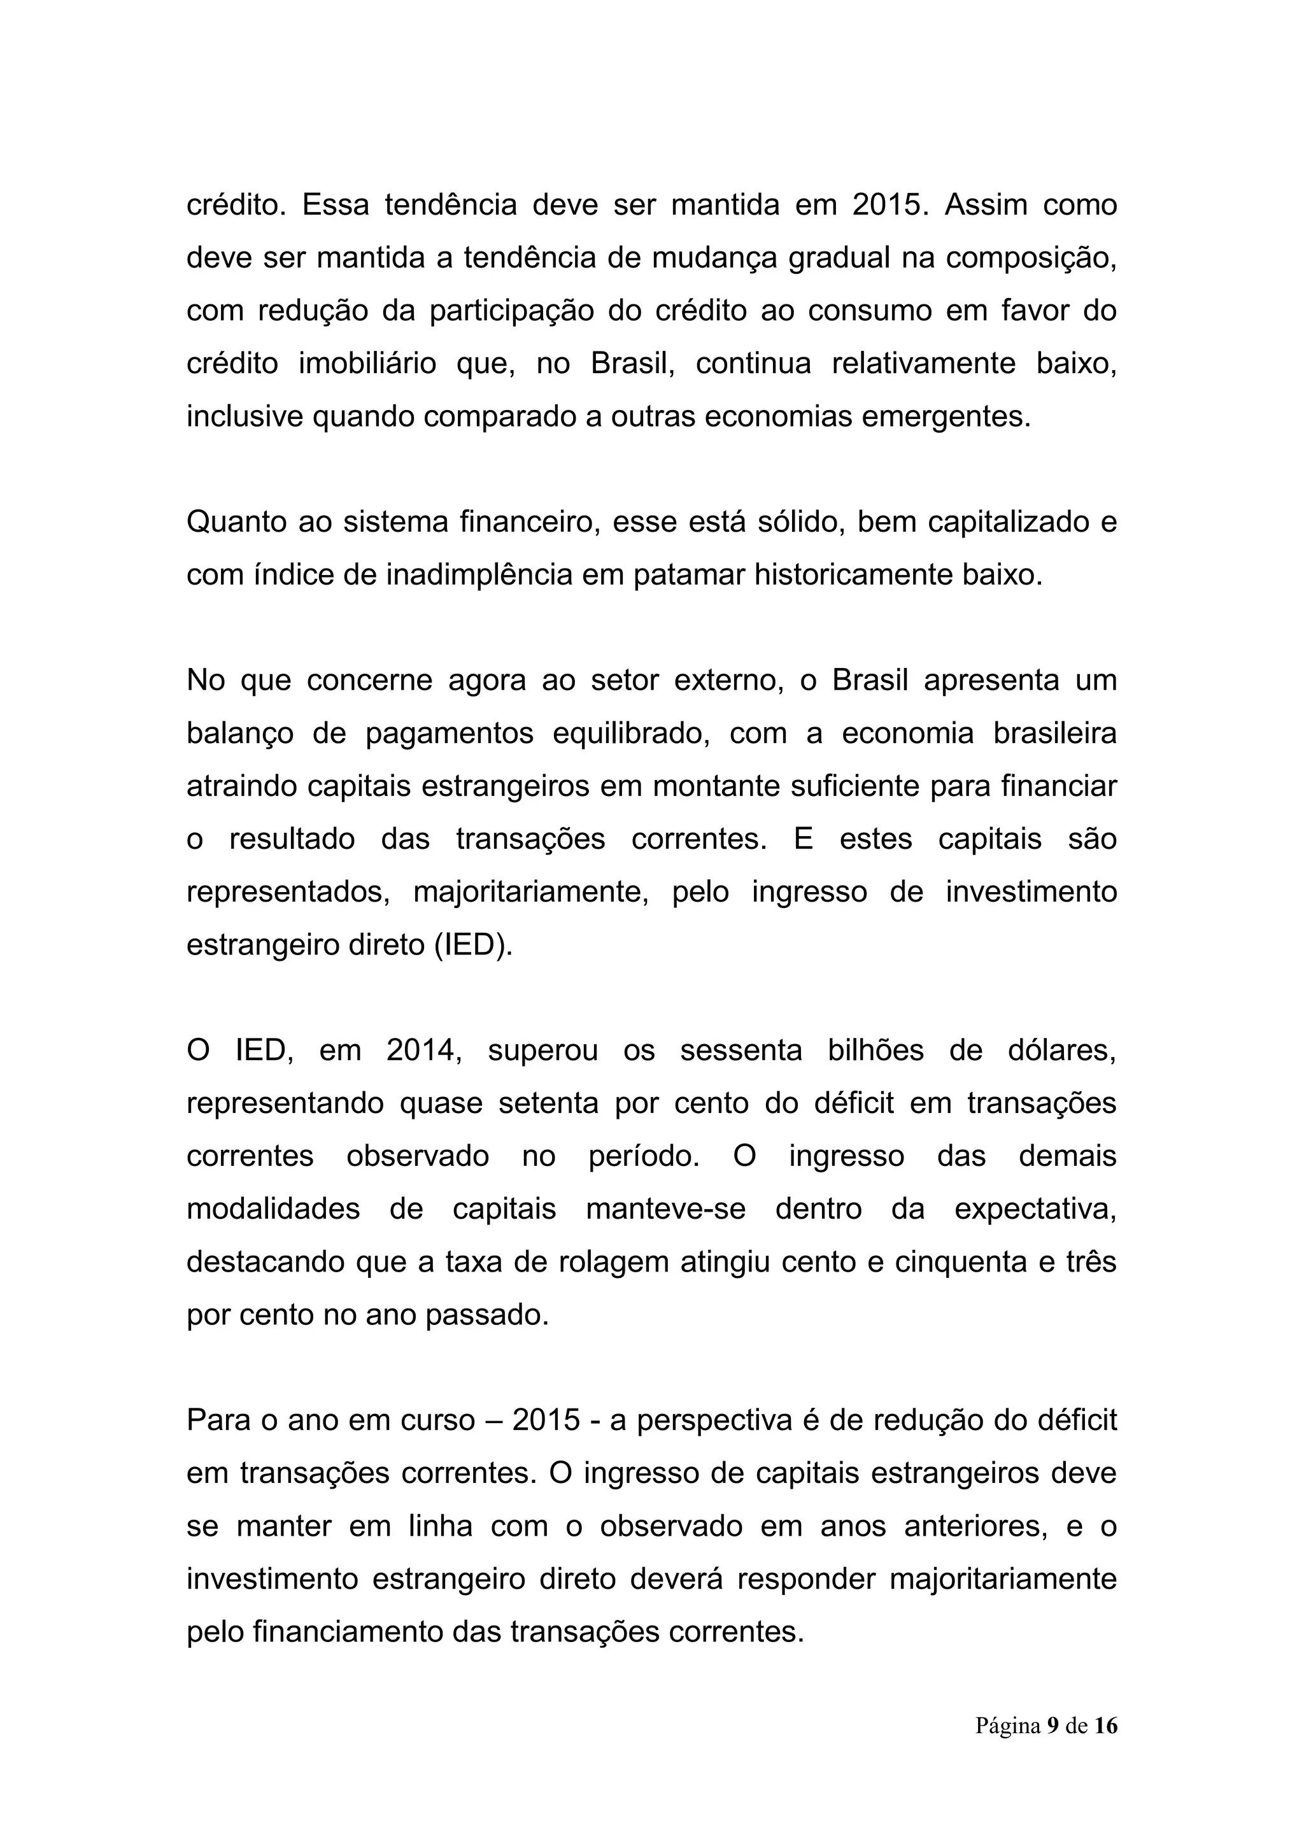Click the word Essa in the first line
(x=335, y=205)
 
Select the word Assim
(x=985, y=205)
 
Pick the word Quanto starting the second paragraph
(x=234, y=522)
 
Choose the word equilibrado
(x=631, y=734)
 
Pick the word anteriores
(x=975, y=1526)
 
